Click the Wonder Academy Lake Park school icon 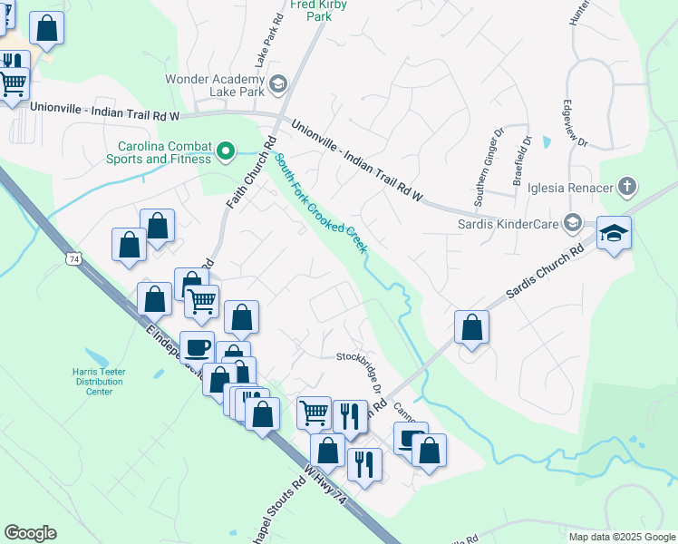click(277, 85)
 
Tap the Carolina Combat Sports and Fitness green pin click(228, 151)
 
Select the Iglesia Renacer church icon click(626, 189)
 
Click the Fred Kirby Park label click(318, 10)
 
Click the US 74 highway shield click(70, 259)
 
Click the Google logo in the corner click(30, 533)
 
